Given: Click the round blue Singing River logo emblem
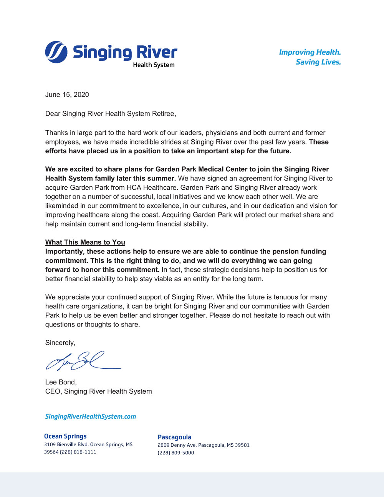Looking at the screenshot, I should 56,52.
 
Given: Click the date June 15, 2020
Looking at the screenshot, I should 67,95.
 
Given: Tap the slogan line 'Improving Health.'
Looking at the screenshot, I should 310,52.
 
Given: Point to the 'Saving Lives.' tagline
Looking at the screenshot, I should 318,62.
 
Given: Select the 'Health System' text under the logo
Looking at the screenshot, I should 154,65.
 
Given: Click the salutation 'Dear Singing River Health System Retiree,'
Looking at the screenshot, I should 111,114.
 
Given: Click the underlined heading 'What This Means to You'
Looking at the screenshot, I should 85,242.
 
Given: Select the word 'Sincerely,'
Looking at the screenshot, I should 60,343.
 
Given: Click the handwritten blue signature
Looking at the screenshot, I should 83,361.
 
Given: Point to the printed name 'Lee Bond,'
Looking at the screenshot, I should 61,382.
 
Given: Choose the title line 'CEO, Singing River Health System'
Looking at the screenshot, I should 99,391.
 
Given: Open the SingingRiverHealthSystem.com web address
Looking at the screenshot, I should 91,417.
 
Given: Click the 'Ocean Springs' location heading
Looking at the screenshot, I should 65,436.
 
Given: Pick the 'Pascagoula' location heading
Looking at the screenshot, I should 174,437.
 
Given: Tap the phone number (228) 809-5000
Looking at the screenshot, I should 176,453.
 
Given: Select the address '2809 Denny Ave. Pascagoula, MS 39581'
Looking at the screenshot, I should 204,445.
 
